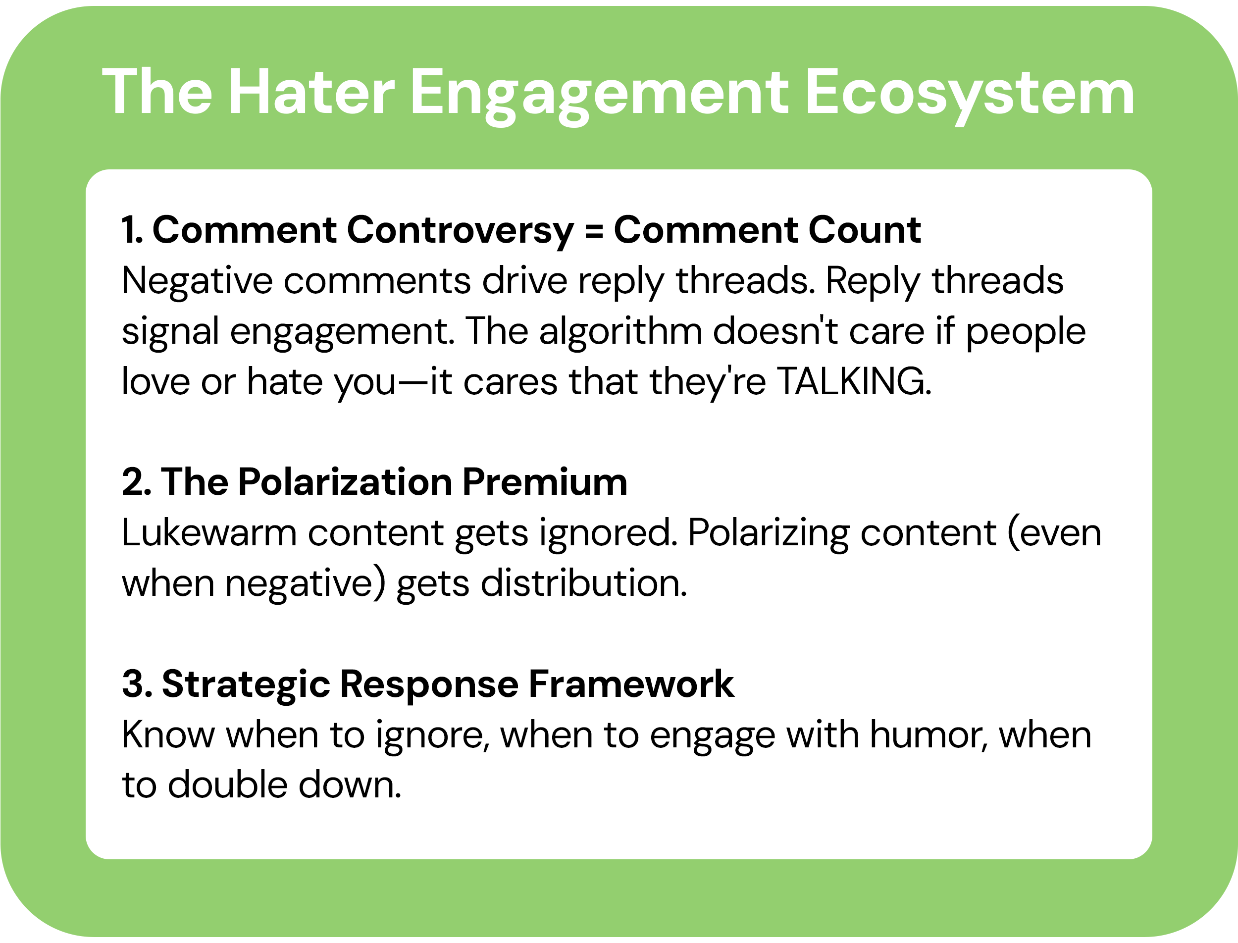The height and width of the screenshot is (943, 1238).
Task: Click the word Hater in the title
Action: [312, 93]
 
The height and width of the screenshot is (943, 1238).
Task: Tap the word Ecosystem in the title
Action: [970, 93]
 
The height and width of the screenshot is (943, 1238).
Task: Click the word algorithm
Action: [620, 331]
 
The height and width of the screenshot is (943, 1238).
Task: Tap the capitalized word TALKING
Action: [854, 381]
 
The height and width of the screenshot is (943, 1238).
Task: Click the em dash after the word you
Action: [413, 382]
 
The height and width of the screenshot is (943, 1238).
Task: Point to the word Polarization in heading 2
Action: [345, 482]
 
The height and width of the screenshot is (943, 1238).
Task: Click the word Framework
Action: [631, 684]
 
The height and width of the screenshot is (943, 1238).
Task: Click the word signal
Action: [170, 332]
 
